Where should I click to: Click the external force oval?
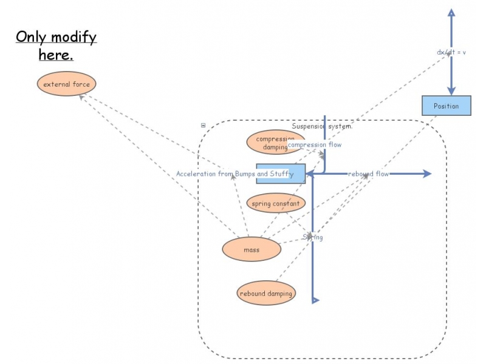click(67, 84)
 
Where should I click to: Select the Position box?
click(447, 106)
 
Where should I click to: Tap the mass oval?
click(252, 249)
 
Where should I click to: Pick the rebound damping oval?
click(266, 294)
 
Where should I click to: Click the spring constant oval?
click(275, 203)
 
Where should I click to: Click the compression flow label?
click(315, 145)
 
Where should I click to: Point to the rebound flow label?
click(368, 174)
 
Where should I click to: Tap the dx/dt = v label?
click(451, 52)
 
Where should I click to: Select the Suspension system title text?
click(322, 126)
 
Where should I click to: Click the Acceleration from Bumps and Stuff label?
click(234, 174)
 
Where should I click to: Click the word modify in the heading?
click(74, 37)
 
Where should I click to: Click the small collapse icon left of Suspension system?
click(203, 126)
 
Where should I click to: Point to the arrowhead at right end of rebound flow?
click(427, 174)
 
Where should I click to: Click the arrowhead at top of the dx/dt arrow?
click(451, 12)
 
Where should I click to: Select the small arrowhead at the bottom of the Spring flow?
click(315, 299)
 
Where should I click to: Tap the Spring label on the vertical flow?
click(313, 237)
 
